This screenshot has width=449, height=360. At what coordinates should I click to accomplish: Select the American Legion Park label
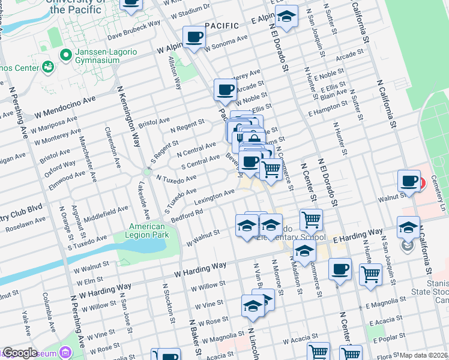click(x=147, y=231)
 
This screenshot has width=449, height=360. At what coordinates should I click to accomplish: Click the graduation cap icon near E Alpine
click(x=288, y=17)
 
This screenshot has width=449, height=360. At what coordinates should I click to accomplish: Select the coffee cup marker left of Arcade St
click(x=224, y=91)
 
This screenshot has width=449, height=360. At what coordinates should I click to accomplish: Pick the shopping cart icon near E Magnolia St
click(x=370, y=275)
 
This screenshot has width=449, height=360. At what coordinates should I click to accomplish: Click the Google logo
click(x=19, y=353)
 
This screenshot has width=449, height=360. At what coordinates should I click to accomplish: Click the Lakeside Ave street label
click(x=145, y=199)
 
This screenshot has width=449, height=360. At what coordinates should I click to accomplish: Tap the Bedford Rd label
click(x=187, y=214)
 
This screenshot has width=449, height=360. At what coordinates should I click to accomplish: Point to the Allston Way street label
click(x=175, y=73)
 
